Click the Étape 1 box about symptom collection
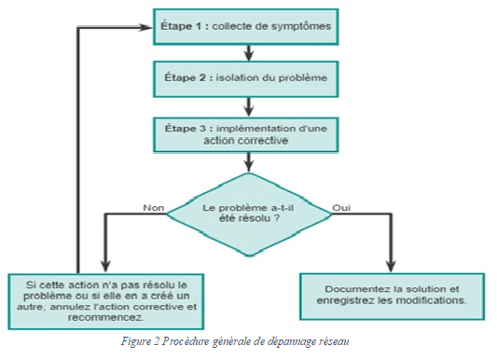[x=246, y=26]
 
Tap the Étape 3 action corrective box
[x=246, y=132]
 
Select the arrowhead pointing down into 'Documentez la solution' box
[x=393, y=265]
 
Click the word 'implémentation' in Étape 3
[x=262, y=127]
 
